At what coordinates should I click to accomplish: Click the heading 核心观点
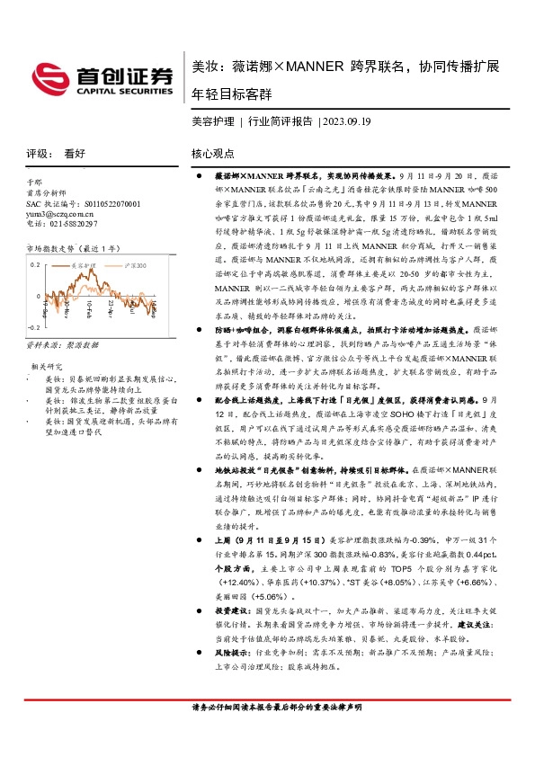(213, 154)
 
